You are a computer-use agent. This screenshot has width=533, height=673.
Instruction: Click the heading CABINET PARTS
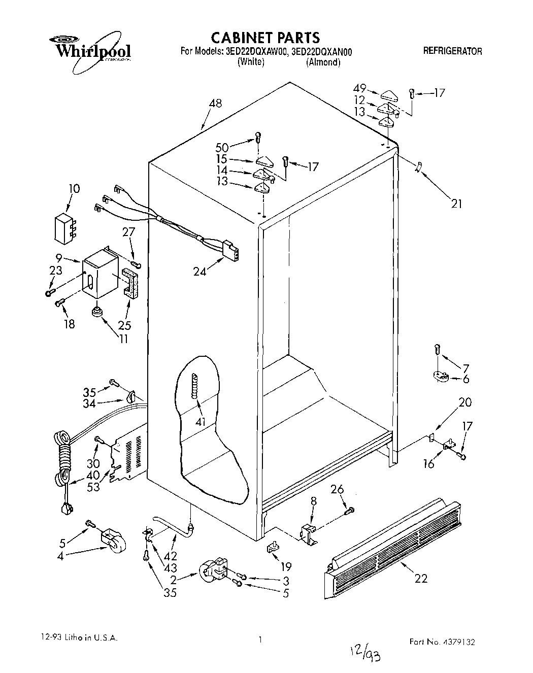pos(265,37)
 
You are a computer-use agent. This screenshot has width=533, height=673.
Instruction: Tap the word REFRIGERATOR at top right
pos(452,51)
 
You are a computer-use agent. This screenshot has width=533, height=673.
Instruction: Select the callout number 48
pos(215,104)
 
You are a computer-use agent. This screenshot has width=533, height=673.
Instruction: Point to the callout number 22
pos(421,578)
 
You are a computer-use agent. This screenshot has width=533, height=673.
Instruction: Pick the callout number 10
pos(74,189)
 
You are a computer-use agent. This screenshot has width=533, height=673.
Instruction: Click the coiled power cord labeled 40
pos(63,457)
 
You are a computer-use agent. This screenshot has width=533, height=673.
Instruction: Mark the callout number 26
pos(337,489)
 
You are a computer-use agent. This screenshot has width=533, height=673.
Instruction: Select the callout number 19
pos(286,568)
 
